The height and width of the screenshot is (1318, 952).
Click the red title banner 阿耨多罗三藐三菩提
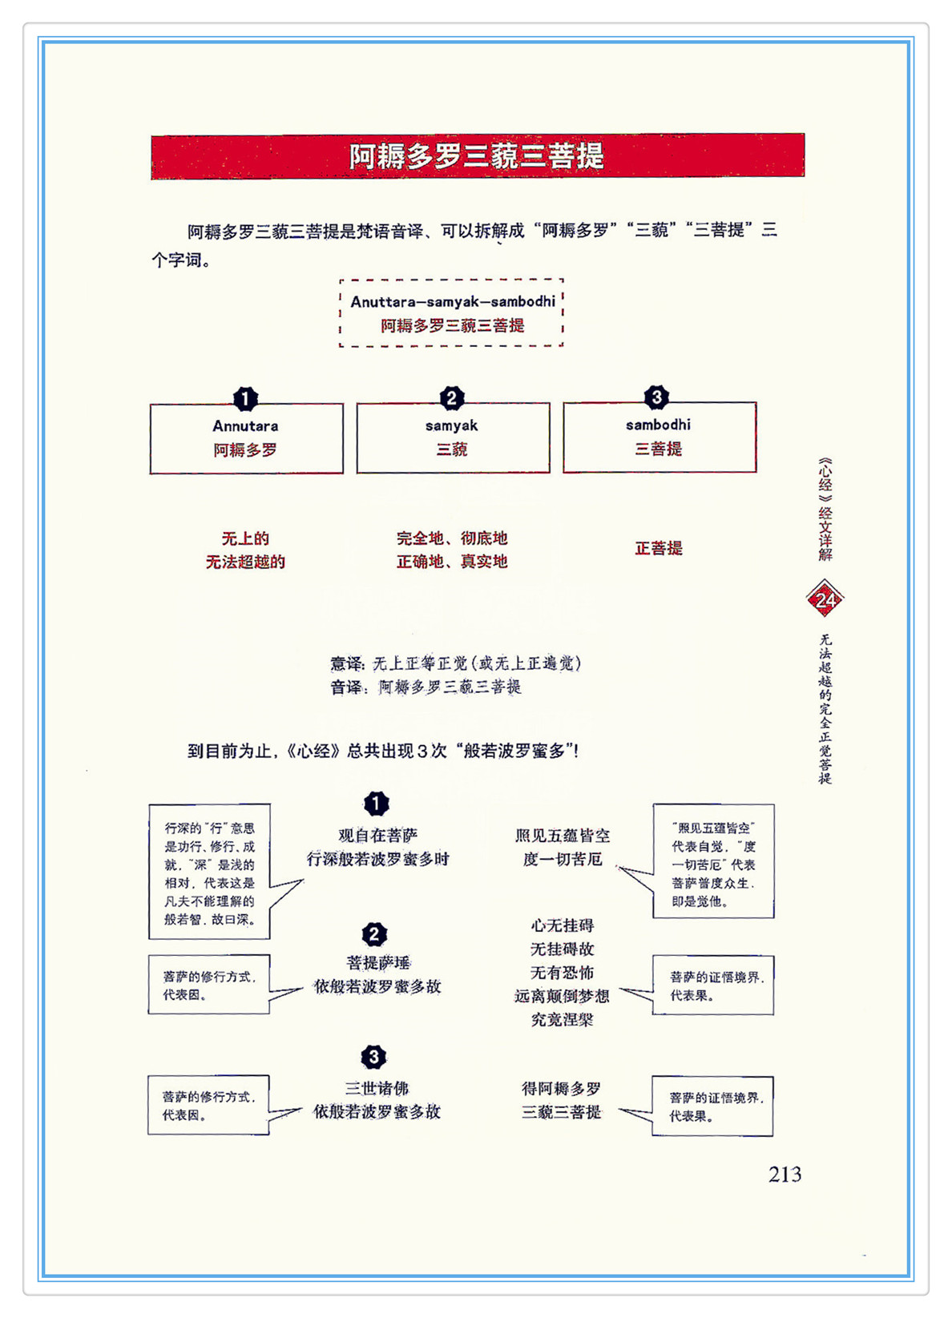[x=477, y=156]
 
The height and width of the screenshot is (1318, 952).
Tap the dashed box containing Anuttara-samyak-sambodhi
[x=452, y=312]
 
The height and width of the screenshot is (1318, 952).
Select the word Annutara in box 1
[x=245, y=426]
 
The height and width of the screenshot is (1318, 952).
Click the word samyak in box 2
[x=452, y=425]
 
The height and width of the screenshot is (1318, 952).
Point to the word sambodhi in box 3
[x=658, y=425]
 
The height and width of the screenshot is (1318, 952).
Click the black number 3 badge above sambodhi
[x=656, y=397]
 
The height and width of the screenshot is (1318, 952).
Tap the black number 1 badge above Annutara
[x=245, y=398]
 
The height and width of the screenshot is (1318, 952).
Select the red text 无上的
[x=245, y=538]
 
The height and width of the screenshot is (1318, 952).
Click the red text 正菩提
[x=658, y=548]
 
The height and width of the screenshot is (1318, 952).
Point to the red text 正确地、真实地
[x=452, y=562]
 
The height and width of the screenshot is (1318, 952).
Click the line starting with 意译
[x=455, y=663]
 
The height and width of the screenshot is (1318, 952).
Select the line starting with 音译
[x=426, y=687]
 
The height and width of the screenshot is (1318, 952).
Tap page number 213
[x=785, y=1175]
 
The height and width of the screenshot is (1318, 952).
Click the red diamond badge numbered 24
[x=825, y=599]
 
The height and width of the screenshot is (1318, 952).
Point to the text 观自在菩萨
[x=377, y=836]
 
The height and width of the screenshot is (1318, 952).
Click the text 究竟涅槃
[x=562, y=1020]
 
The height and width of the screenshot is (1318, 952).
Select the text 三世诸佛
[x=377, y=1088]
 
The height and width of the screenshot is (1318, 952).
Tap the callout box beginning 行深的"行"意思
[x=209, y=872]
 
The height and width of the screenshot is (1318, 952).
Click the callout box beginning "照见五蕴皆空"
[x=713, y=861]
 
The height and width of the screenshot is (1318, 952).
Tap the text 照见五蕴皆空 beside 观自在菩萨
[x=562, y=836]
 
